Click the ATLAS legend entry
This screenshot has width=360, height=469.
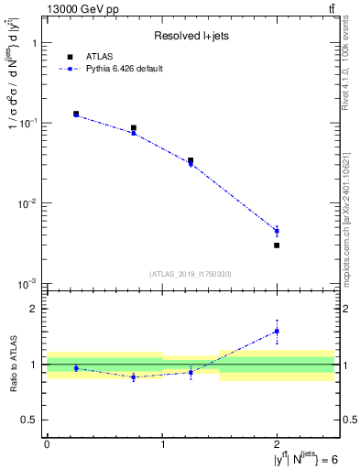click(111, 56)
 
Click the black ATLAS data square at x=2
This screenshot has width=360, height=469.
click(277, 245)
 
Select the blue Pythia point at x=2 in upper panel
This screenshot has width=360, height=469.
click(277, 231)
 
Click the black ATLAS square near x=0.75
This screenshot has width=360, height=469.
click(134, 128)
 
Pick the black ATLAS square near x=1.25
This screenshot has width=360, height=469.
click(191, 160)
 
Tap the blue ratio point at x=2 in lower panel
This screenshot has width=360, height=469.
click(277, 331)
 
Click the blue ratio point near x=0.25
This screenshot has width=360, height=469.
click(76, 368)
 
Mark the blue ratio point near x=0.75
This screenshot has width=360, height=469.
click(134, 376)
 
